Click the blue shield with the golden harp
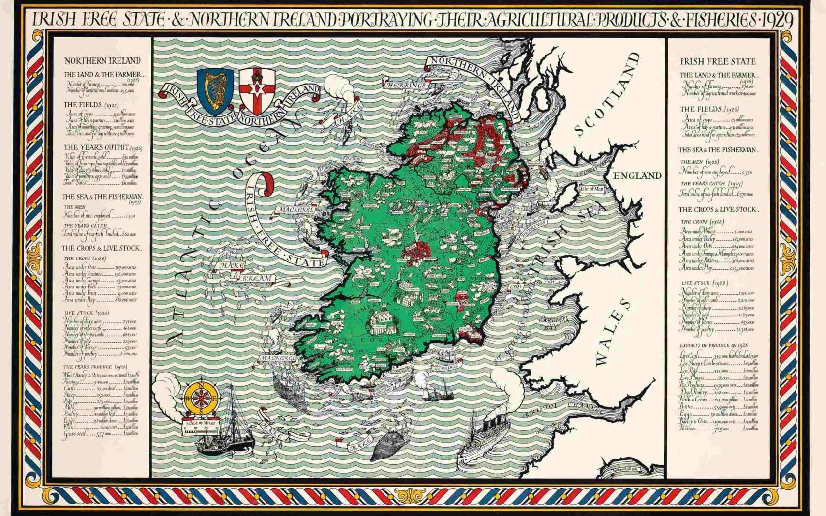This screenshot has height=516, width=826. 215,91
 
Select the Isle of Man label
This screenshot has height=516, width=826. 592,189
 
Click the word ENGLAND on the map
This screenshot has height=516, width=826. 637,176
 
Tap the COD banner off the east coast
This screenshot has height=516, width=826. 516,287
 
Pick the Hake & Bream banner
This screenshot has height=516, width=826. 243,272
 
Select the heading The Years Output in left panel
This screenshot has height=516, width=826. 103,147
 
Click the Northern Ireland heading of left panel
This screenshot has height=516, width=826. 102,61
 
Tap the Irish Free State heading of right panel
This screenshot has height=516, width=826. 717,61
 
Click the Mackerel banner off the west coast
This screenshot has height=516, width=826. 295,210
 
